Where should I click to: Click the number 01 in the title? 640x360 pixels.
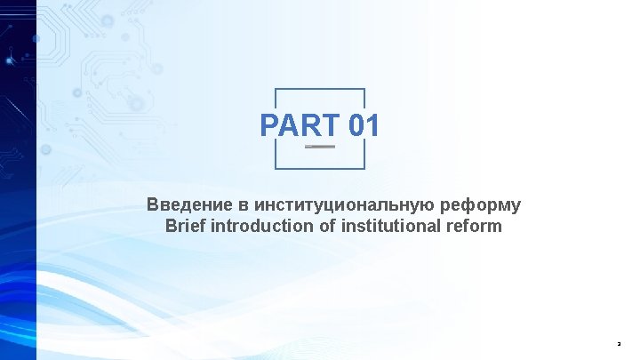point(364,125)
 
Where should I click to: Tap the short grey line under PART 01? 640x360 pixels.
point(320,147)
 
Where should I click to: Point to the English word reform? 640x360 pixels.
point(477,226)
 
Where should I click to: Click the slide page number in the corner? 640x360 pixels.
point(620,343)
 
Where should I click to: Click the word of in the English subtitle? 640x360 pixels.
point(327,226)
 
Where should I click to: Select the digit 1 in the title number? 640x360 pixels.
point(373,125)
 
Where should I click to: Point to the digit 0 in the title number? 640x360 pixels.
point(357,125)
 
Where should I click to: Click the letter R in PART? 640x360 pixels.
point(310,125)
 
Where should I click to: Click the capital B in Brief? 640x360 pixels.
point(172,226)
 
